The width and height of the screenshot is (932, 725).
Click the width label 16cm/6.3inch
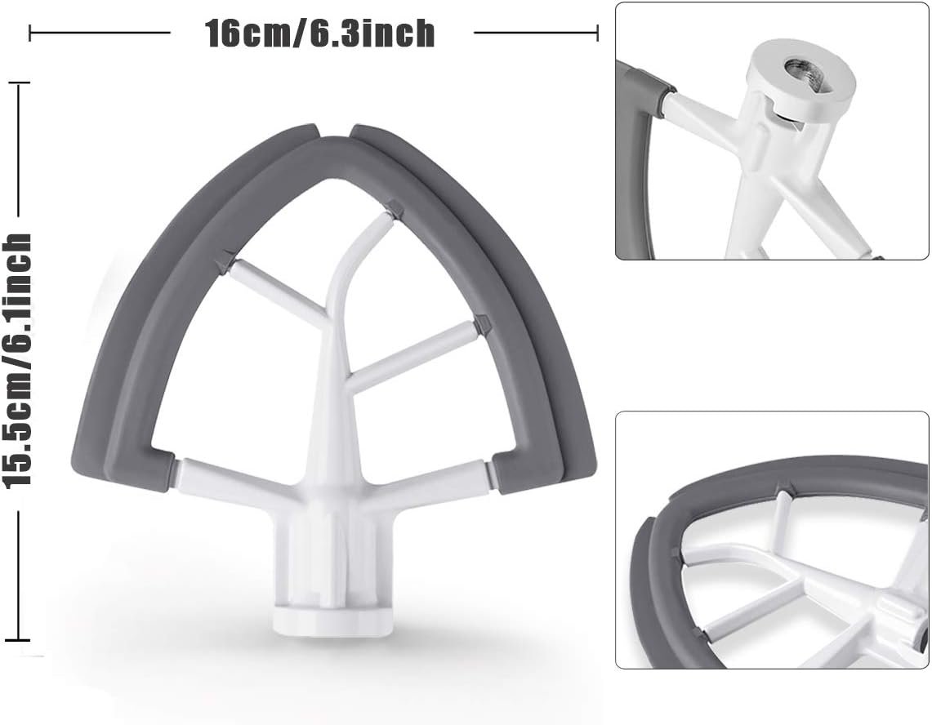coord(320,33)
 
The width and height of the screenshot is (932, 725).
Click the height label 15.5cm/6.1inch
coord(18,360)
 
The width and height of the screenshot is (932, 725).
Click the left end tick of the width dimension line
coord(30,33)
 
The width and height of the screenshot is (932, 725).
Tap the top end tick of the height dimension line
coord(18,83)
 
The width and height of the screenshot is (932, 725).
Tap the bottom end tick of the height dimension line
coord(18,641)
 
